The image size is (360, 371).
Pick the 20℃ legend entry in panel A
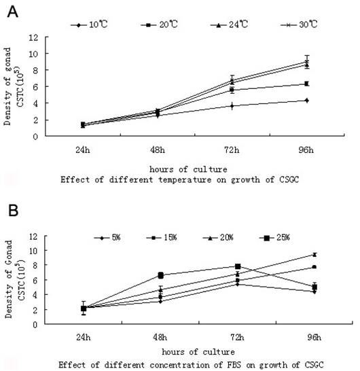point(159,25)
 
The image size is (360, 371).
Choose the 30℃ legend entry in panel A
point(297,25)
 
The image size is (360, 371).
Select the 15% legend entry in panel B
point(167,237)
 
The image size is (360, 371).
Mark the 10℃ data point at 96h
point(307,101)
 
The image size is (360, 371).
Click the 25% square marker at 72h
point(238,267)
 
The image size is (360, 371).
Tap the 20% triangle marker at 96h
point(313,254)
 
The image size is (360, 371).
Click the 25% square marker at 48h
point(161,275)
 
